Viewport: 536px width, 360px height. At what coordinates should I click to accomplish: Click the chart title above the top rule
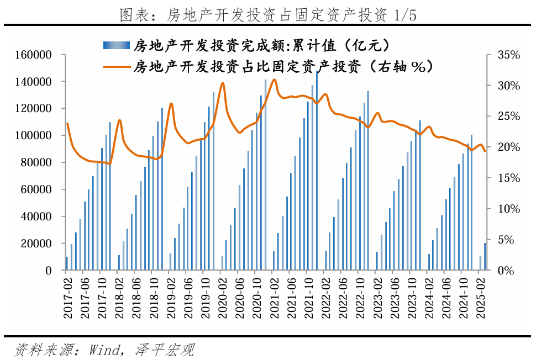click(267, 15)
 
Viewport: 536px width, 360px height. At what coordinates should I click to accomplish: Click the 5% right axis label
click(507, 240)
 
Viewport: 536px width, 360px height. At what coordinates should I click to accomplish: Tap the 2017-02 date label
click(67, 298)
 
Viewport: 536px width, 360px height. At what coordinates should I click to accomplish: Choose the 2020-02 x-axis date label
click(223, 298)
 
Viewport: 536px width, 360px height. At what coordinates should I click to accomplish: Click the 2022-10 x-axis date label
click(361, 298)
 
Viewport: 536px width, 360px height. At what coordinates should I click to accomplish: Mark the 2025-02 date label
click(482, 298)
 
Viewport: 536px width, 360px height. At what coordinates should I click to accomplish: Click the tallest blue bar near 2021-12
click(317, 171)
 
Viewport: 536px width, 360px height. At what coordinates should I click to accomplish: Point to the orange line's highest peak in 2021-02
click(274, 80)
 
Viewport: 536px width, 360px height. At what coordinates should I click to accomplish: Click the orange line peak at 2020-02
click(223, 83)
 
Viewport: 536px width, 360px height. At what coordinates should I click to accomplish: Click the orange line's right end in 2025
click(485, 151)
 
